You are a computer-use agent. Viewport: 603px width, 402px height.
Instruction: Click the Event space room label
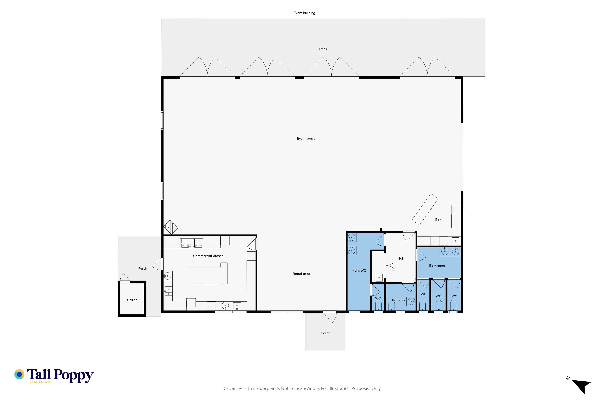pyautogui.click(x=306, y=139)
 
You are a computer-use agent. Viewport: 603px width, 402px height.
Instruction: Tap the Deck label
pyautogui.click(x=323, y=49)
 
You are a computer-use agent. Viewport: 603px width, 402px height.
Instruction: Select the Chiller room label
pyautogui.click(x=132, y=300)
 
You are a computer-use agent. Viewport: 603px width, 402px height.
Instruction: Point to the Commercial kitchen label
pyautogui.click(x=208, y=256)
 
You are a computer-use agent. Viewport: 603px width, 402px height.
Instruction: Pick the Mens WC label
pyautogui.click(x=359, y=270)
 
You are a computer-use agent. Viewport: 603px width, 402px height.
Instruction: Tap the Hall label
pyautogui.click(x=400, y=258)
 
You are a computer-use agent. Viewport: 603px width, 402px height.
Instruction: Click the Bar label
pyautogui.click(x=438, y=220)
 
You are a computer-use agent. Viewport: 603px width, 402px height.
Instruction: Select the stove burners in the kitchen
pyautogui.click(x=192, y=243)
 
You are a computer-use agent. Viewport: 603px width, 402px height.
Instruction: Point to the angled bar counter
pyautogui.click(x=425, y=209)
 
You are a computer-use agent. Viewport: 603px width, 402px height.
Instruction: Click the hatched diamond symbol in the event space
pyautogui.click(x=171, y=227)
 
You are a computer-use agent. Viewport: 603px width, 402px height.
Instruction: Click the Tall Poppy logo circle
pyautogui.click(x=19, y=374)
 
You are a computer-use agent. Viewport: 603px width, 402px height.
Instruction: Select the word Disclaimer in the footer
pyautogui.click(x=233, y=388)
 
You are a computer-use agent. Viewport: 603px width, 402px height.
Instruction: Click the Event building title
pyautogui.click(x=304, y=13)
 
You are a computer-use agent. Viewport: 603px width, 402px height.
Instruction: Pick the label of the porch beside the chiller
pyautogui.click(x=143, y=268)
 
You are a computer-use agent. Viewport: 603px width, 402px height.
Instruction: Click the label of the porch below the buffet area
pyautogui.click(x=326, y=333)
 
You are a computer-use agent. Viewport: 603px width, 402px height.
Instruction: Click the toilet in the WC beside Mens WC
pyautogui.click(x=378, y=305)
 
